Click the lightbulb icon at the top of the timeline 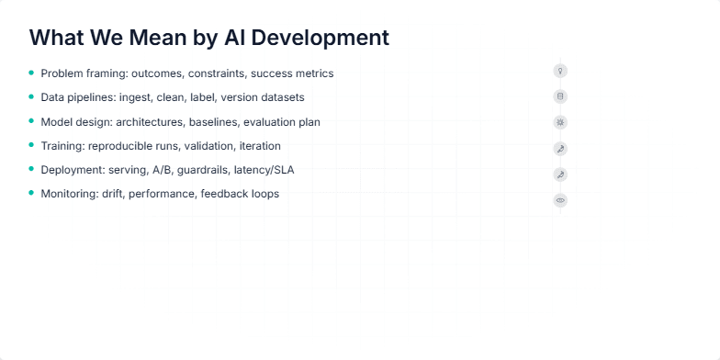coord(560,71)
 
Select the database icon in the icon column coord(560,96)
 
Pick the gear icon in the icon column coord(560,122)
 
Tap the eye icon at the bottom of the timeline coord(560,200)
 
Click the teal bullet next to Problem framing coord(31,73)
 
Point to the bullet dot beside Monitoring coord(31,194)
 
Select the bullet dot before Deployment coord(31,169)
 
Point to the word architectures coord(150,121)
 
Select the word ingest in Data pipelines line coord(136,97)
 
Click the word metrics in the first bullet coord(315,73)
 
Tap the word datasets coord(280,97)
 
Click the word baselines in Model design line coord(213,121)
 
